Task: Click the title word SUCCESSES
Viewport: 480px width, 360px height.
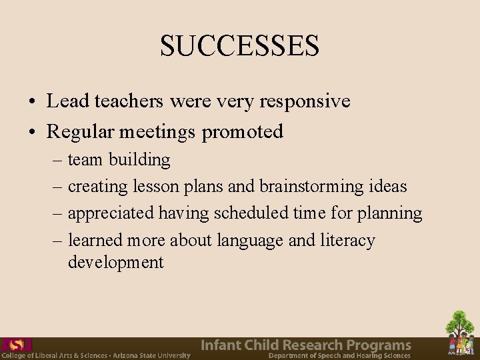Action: pos(240,46)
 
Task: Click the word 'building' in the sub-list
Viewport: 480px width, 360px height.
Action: pos(139,160)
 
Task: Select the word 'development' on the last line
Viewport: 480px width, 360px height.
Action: pos(115,262)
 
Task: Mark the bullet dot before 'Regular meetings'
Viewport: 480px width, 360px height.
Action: pos(32,133)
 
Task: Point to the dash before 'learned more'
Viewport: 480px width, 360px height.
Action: pos(59,241)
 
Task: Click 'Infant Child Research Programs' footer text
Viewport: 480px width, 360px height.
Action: pos(306,345)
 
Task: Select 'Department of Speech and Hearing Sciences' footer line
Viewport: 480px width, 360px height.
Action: pos(339,356)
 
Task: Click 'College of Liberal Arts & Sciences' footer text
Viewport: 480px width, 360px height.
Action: pos(53,356)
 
